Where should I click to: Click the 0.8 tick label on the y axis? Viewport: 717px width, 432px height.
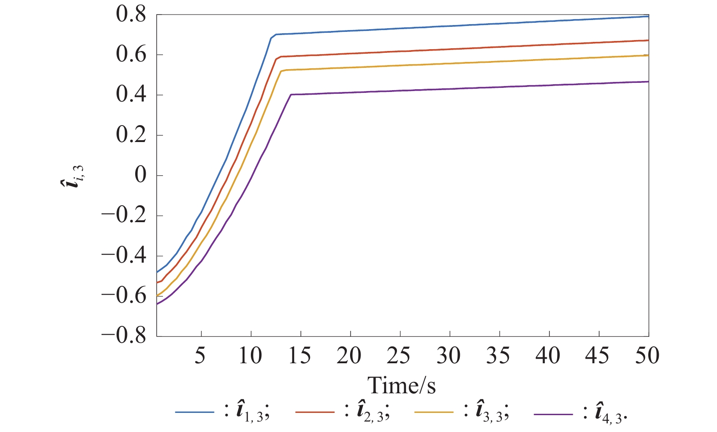131,15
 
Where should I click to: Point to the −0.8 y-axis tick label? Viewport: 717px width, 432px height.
124,336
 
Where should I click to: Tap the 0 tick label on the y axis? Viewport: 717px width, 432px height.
141,175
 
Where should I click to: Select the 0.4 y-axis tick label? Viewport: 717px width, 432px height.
131,95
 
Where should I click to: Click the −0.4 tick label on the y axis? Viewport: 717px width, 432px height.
124,255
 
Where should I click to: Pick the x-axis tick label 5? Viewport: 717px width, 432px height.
200,356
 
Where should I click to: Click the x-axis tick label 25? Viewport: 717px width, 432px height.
399,356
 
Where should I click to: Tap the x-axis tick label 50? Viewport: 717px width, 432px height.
647,356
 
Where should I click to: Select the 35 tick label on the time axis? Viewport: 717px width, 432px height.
498,356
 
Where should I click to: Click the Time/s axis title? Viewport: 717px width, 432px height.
402,386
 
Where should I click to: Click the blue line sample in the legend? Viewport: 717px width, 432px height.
194,412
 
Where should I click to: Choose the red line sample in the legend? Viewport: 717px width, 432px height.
315,412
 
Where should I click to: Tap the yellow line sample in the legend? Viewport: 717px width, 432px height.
434,412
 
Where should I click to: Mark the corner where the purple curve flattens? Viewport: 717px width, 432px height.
291,94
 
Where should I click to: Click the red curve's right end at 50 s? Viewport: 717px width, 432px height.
648,41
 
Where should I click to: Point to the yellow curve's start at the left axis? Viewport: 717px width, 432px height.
157,296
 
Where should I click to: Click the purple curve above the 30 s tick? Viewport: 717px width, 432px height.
450,89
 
